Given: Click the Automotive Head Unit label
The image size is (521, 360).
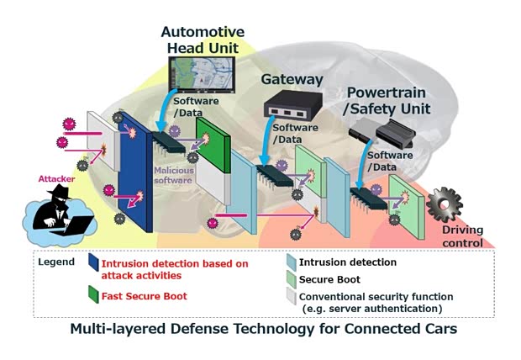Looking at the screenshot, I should [203, 40].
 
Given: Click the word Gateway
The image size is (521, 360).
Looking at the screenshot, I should [292, 80].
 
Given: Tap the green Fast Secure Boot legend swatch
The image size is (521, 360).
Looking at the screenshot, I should [92, 295].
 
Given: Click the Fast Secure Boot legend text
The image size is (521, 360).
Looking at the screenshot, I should [145, 296].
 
